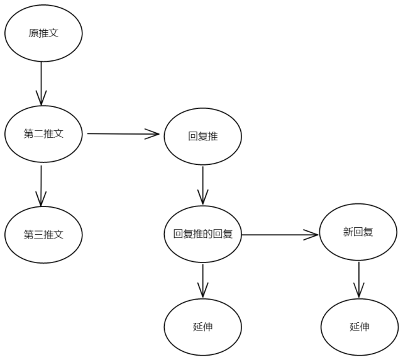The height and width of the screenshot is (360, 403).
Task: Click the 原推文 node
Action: click(x=43, y=33)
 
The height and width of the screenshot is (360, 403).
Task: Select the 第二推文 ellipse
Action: click(x=43, y=134)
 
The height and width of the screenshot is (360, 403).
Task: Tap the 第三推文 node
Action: click(x=43, y=235)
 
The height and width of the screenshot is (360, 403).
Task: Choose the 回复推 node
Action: click(x=202, y=136)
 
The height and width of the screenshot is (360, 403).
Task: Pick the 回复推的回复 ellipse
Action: click(x=202, y=234)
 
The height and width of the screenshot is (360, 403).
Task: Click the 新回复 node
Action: click(x=358, y=232)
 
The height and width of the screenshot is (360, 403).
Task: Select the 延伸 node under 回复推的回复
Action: click(x=202, y=327)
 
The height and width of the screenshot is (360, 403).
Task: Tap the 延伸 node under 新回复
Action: click(x=359, y=327)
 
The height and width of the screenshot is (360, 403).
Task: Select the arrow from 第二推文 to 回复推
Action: click(x=123, y=133)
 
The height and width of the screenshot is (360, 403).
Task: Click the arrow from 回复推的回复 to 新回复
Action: click(x=280, y=235)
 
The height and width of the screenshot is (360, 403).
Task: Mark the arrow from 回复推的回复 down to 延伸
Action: click(x=202, y=280)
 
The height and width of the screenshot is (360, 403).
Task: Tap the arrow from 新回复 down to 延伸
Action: click(x=358, y=279)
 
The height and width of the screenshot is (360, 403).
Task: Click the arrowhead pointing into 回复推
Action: click(x=153, y=133)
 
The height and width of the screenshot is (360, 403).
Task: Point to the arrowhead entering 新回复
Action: click(x=311, y=235)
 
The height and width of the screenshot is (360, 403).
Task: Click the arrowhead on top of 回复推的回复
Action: click(x=202, y=200)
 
